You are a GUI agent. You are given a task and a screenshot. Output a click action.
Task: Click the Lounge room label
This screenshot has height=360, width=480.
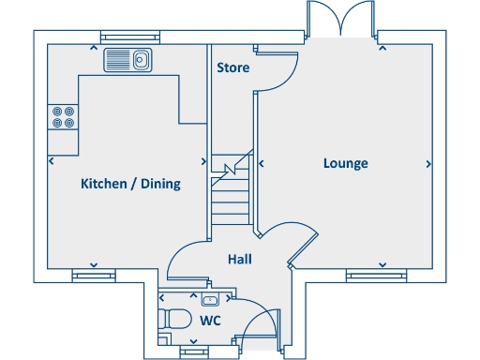point(345,163)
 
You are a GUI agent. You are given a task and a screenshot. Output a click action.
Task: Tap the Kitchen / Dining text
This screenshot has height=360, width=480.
point(129,184)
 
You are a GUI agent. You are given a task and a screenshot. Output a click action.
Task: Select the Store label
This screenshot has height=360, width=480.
point(232,68)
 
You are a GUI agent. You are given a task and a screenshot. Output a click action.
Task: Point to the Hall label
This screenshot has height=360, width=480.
point(238,259)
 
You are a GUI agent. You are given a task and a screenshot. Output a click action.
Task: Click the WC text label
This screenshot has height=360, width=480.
point(210,321)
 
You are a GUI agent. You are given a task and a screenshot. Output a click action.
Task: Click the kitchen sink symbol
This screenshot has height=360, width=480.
point(128,60)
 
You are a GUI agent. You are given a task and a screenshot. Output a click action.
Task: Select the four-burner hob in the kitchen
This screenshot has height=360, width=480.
point(63,115)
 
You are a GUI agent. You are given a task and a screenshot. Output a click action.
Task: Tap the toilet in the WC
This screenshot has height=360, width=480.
point(173,320)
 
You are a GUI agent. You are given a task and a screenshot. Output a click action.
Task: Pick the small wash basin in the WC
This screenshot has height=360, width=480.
point(210,299)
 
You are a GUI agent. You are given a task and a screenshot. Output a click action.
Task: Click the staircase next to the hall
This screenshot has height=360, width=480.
point(232,187)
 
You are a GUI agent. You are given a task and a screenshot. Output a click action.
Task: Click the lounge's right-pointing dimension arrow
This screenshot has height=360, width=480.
point(429,163)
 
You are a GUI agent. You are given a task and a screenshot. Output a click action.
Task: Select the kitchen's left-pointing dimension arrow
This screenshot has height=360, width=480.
point(51,160)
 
